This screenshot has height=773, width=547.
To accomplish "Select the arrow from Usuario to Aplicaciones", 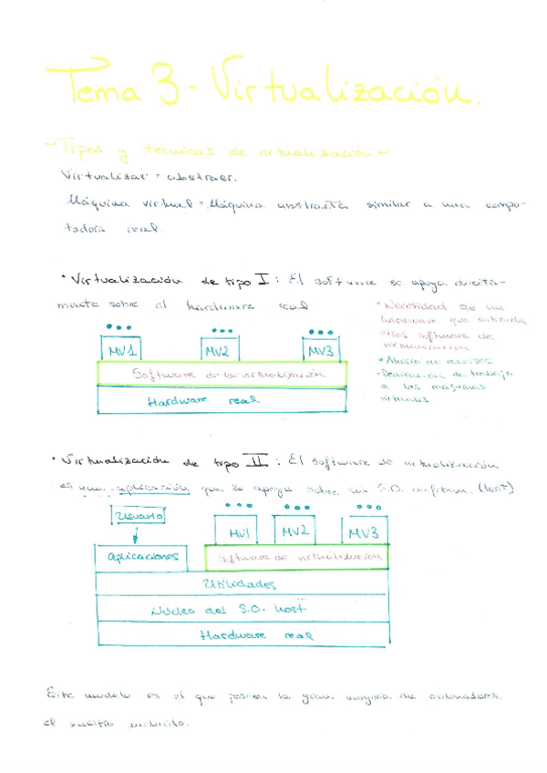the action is point(135,536).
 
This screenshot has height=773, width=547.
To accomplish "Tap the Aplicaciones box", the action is point(141,556).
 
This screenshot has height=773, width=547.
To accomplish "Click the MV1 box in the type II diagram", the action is point(239,531).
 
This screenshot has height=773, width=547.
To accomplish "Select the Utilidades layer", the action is point(241,583).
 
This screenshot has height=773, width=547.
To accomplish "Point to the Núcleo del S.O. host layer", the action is point(241,610).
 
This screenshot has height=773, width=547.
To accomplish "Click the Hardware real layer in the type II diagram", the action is point(241,634).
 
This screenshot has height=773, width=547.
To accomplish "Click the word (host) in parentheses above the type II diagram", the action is point(497,489).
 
